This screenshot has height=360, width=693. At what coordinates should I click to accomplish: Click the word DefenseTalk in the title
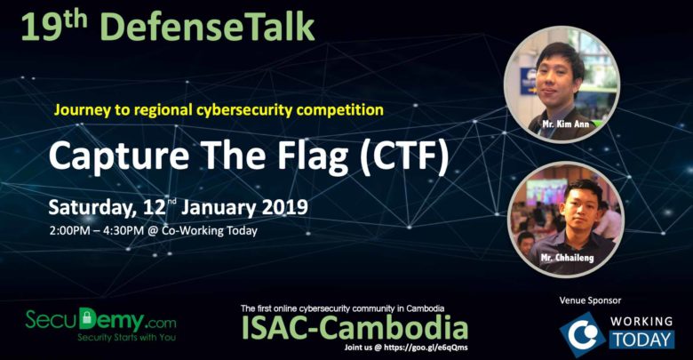coord(207,28)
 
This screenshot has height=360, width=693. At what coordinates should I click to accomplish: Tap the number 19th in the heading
coord(53,27)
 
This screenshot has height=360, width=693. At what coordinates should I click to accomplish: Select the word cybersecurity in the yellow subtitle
coord(244,109)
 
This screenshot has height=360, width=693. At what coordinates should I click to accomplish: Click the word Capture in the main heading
coord(119,156)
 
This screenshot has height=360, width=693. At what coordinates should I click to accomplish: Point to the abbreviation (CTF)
coord(404,156)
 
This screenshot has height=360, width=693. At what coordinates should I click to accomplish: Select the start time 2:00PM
coord(71,230)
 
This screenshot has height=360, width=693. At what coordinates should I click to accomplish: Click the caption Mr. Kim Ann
coord(566,124)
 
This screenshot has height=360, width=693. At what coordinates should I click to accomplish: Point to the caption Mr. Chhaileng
coord(567,258)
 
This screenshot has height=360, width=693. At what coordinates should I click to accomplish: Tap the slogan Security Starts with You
coord(126,337)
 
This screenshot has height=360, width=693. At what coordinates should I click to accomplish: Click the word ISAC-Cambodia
coord(354,328)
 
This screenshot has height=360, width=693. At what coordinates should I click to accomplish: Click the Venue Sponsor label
coord(590,300)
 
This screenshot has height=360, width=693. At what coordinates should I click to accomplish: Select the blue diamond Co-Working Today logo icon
coord(583,334)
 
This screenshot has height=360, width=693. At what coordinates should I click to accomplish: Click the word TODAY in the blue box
coord(642,340)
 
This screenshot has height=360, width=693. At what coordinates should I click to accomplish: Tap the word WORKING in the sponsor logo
coord(641,322)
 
